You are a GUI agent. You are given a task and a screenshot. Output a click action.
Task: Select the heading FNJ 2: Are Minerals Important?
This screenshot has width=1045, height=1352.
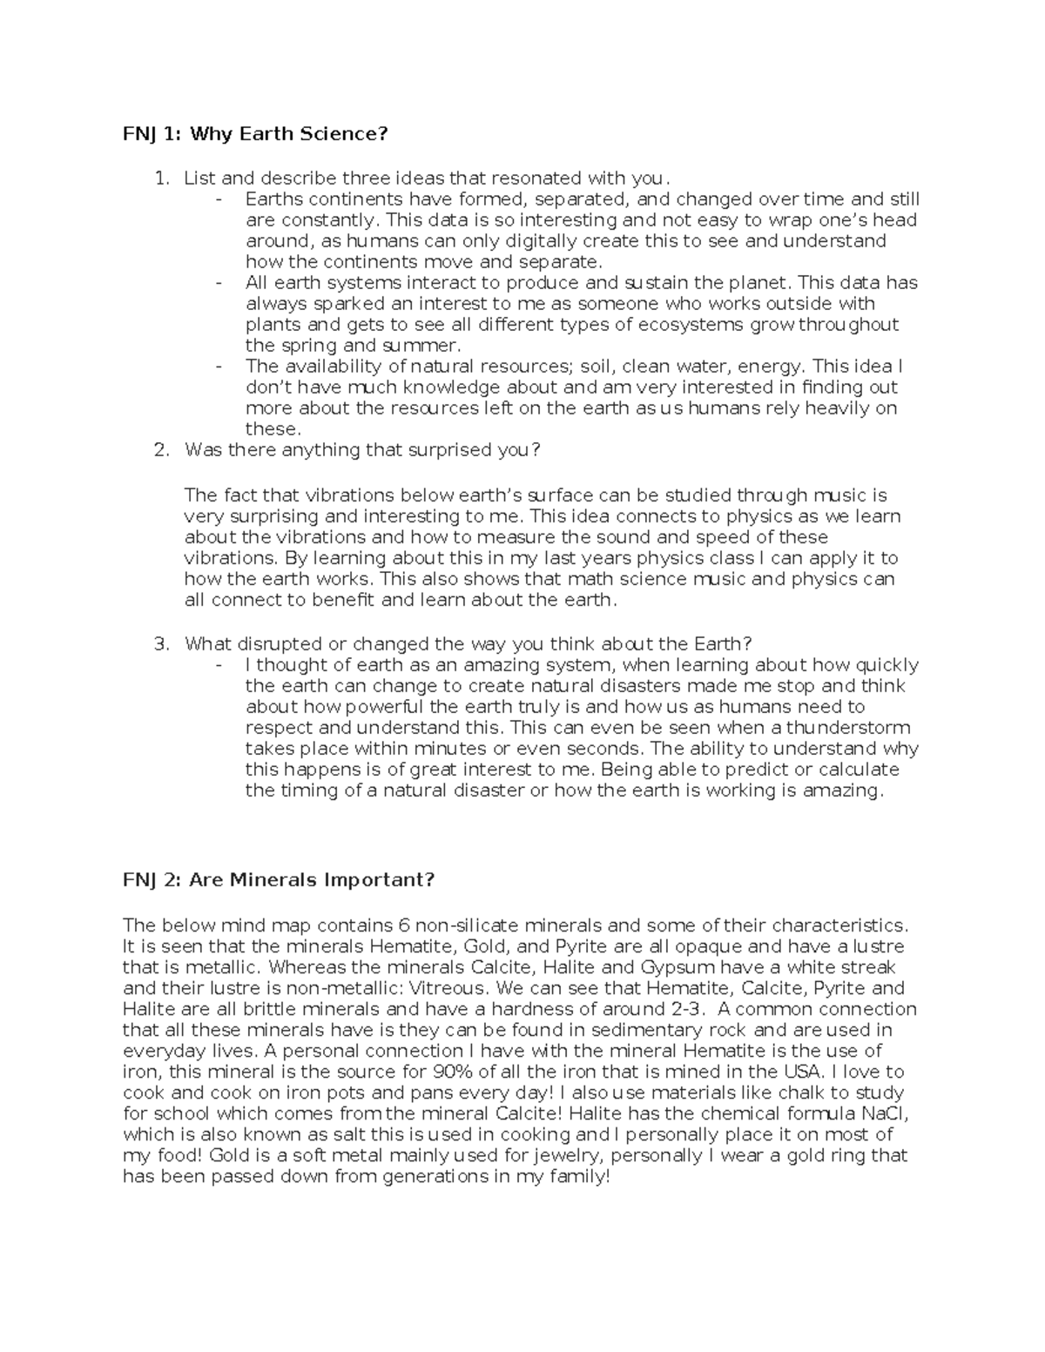point(278,879)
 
